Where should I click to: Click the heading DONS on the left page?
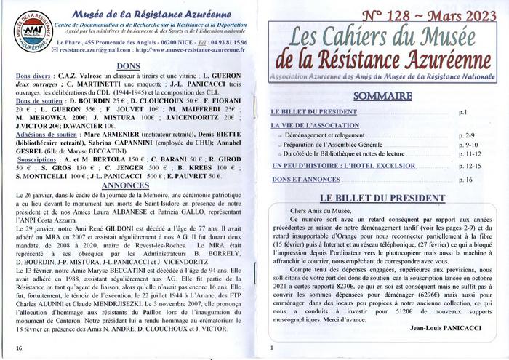coord(128,65)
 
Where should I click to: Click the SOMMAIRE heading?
coord(383,96)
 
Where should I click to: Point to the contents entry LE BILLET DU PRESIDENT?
coord(315,113)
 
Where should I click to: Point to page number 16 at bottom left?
coord(18,348)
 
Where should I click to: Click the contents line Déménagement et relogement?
coord(324,135)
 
